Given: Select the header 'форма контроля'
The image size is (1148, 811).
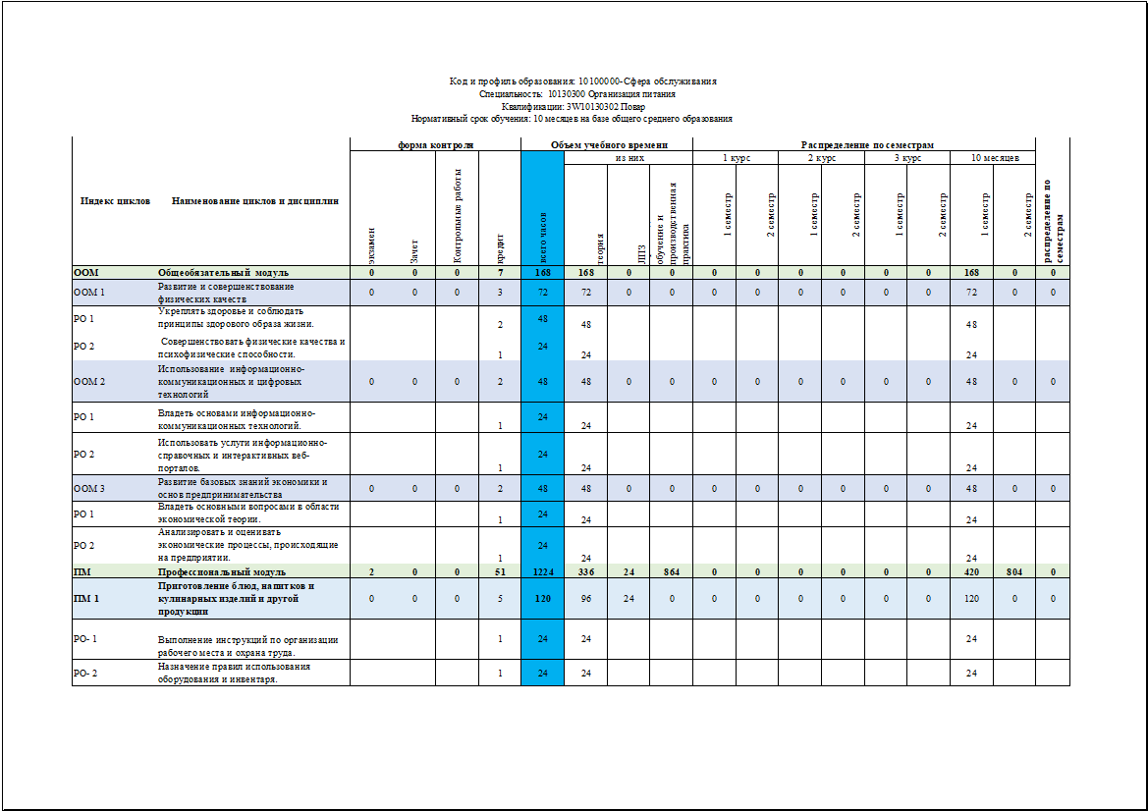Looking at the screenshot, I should pyautogui.click(x=435, y=145).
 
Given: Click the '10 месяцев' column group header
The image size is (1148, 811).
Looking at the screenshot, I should pyautogui.click(x=994, y=157).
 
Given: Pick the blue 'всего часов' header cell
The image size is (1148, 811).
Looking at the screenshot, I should pyautogui.click(x=543, y=237).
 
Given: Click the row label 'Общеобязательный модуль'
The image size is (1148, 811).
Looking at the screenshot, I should pyautogui.click(x=223, y=272).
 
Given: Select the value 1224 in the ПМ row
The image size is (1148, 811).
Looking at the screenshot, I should pyautogui.click(x=543, y=571).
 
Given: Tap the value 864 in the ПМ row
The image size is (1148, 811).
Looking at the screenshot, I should pyautogui.click(x=672, y=571).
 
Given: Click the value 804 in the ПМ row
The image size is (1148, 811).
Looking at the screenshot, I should pyautogui.click(x=1015, y=571).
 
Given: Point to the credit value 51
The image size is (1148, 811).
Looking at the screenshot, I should pyautogui.click(x=500, y=571).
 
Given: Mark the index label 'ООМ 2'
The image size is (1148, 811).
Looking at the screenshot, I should pyautogui.click(x=89, y=381).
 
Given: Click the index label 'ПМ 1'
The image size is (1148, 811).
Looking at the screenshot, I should pyautogui.click(x=86, y=598).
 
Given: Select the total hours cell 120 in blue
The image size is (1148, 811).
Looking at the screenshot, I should pyautogui.click(x=543, y=598).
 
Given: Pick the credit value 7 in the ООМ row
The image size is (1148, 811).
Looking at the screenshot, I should pyautogui.click(x=500, y=272).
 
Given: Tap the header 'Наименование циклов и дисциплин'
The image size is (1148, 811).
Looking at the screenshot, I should pyautogui.click(x=254, y=201).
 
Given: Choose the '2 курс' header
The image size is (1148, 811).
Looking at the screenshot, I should pyautogui.click(x=821, y=157).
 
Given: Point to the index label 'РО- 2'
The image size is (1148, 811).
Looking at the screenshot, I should pyautogui.click(x=86, y=673).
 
